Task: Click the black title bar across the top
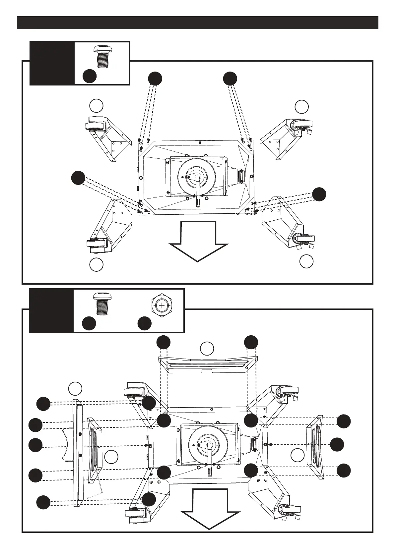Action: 197,23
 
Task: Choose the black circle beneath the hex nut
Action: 145,323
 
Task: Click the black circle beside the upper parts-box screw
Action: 90,76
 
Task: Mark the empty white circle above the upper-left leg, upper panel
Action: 96,105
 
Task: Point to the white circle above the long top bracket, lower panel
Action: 207,348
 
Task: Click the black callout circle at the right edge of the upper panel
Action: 319,194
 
